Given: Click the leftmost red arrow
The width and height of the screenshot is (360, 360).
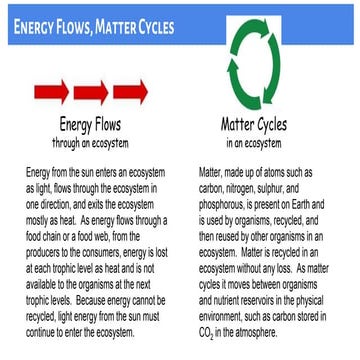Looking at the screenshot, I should click(49, 94).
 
